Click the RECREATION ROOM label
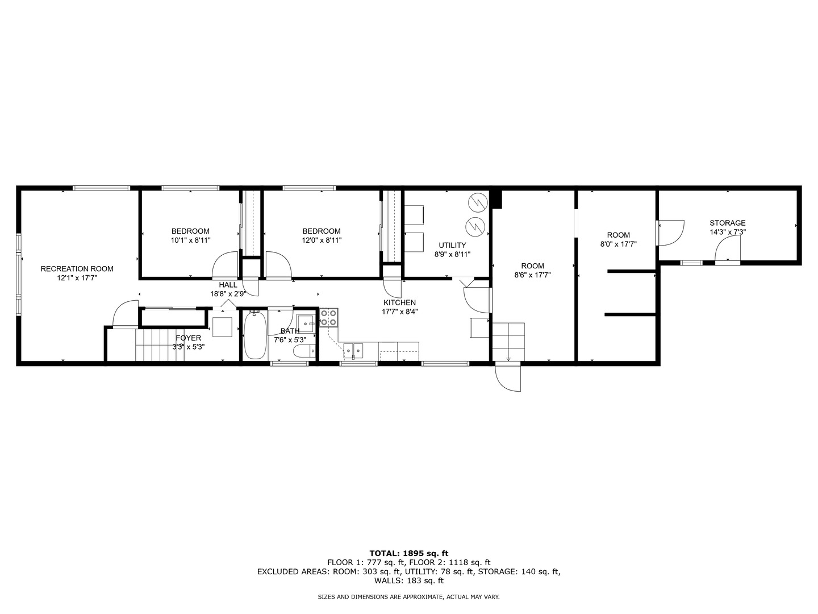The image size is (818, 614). (x=77, y=269)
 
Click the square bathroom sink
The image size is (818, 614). (x=307, y=323)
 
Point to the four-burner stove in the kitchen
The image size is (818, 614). (x=329, y=317)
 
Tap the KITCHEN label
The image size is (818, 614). (x=399, y=302)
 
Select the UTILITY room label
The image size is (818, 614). (x=452, y=245)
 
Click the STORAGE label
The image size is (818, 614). (x=727, y=223)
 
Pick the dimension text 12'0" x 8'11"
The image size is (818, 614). (x=322, y=240)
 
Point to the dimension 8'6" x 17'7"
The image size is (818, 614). (x=532, y=275)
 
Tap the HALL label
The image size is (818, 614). (x=228, y=285)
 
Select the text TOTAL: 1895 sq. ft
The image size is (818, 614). (x=408, y=553)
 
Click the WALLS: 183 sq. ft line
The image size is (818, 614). (x=408, y=580)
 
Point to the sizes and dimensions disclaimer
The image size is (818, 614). (x=408, y=597)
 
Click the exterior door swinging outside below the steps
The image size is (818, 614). (x=508, y=377)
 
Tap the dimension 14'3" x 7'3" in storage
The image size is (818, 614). (x=727, y=232)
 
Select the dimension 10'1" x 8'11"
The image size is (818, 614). (x=190, y=240)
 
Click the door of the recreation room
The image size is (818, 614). (x=124, y=315)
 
